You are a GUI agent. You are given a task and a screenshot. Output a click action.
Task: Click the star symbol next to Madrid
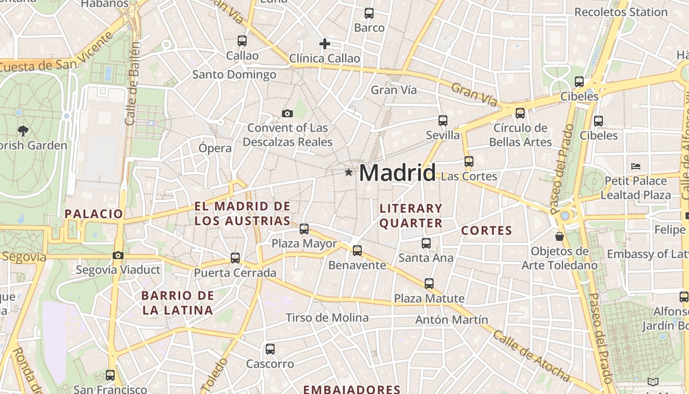(x=349, y=172)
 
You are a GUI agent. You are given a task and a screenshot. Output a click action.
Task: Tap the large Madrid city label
(x=397, y=173)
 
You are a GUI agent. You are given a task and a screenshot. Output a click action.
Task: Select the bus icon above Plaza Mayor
(x=304, y=229)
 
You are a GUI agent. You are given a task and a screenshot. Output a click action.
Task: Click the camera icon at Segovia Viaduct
(x=118, y=255)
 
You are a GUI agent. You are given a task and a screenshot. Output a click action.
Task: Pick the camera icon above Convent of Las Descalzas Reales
(x=287, y=114)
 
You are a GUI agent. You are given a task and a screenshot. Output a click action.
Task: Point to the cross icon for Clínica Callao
(x=325, y=44)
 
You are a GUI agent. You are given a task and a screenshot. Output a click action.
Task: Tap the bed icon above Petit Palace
(x=636, y=166)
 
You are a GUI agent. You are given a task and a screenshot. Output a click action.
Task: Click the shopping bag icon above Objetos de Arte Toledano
(x=560, y=237)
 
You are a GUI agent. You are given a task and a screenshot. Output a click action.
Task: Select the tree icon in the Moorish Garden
(x=23, y=131)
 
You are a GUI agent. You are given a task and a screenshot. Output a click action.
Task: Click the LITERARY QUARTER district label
(x=411, y=216)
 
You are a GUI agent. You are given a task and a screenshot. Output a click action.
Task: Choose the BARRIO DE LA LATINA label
(x=178, y=303)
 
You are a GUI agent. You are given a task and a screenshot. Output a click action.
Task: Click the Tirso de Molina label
(x=327, y=318)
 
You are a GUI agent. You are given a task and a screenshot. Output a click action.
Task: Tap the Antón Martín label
(x=452, y=320)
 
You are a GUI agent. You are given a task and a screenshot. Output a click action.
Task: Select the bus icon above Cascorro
(x=270, y=349)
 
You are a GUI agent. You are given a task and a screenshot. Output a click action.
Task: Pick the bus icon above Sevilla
(x=443, y=121)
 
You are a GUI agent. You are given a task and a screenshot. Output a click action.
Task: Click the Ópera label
(x=215, y=148)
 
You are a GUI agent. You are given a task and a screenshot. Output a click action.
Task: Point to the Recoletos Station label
(x=621, y=12)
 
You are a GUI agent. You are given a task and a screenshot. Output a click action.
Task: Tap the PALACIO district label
(x=94, y=214)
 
